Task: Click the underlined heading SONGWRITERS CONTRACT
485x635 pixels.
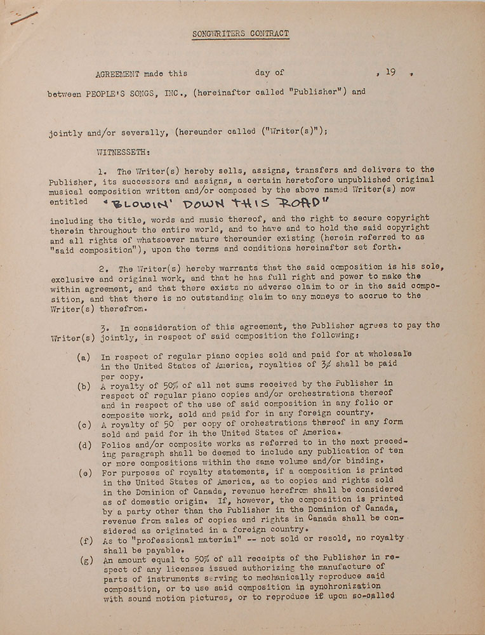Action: [241, 34]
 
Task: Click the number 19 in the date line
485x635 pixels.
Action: [390, 72]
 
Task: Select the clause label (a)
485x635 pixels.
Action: [83, 358]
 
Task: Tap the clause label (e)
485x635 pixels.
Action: [83, 472]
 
